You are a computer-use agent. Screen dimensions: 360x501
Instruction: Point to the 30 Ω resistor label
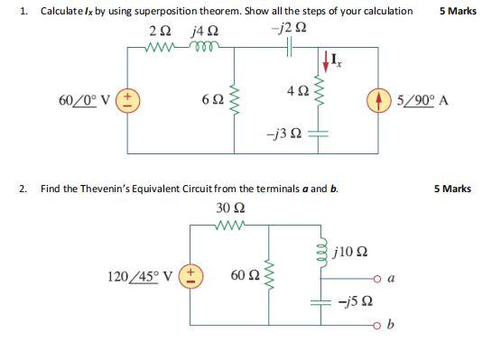pos(228,208)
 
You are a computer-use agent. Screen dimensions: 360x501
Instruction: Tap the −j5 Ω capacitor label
pos(351,304)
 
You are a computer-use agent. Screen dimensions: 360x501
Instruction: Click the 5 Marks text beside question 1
pos(458,12)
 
